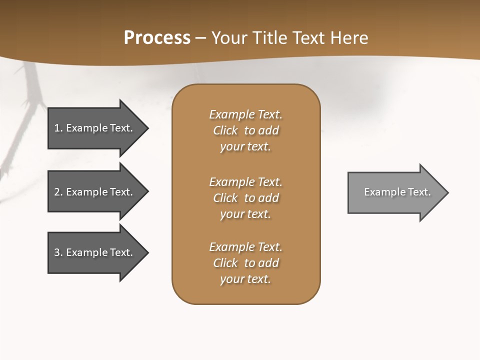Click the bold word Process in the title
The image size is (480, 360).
(157, 38)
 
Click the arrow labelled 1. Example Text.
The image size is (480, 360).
(95, 128)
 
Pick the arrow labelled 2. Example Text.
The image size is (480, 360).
(95, 192)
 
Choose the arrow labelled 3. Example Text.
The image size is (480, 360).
(95, 252)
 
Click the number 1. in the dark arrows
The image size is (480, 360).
(58, 128)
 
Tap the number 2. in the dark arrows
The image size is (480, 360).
(58, 192)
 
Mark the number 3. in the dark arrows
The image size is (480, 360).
(58, 252)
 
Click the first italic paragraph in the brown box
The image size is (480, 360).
(245, 130)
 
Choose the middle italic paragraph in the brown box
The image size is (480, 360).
(245, 197)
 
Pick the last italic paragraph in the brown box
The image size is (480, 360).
(245, 263)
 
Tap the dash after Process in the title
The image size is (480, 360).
(200, 38)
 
